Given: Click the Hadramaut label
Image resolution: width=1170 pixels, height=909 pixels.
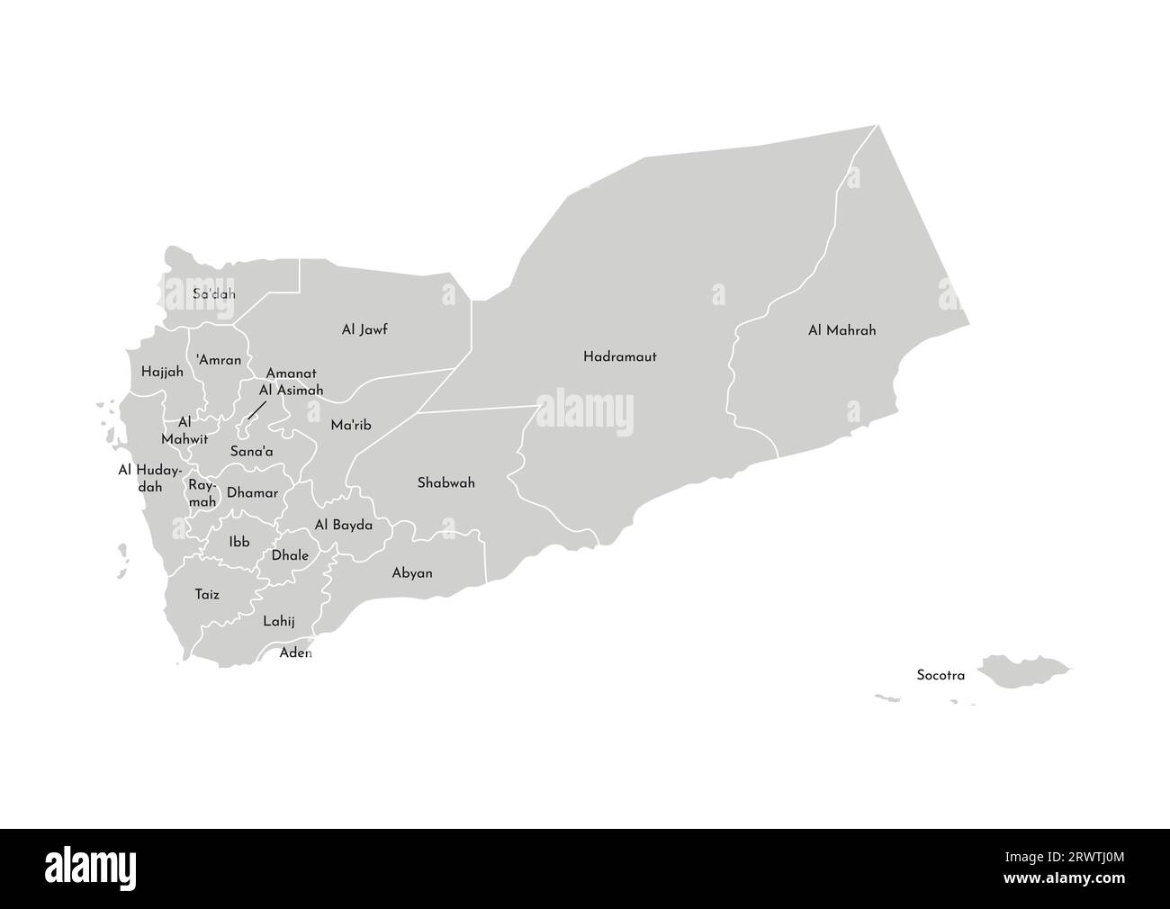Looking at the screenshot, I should [x=619, y=356].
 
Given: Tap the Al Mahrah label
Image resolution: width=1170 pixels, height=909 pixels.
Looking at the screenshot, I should [x=841, y=330].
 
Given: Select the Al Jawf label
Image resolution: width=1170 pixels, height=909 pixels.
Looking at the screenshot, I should [x=364, y=329].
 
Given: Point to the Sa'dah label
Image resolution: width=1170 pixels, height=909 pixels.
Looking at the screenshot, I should [x=214, y=293].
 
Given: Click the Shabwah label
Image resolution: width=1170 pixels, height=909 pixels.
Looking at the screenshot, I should [x=445, y=483].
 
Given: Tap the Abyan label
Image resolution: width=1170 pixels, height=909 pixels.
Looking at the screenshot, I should [x=412, y=572].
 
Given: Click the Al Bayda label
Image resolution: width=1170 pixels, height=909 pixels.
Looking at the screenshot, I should [x=343, y=525].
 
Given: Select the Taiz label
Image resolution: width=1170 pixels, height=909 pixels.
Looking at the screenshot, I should [x=207, y=594].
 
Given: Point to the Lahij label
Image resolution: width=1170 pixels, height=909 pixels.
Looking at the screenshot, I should [x=279, y=621].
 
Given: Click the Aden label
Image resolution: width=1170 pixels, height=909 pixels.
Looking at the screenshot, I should [x=295, y=652].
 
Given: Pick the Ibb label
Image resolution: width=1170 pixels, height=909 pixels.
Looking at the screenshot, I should [x=239, y=542].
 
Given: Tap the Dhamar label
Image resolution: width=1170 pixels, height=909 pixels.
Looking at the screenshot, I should [x=252, y=492].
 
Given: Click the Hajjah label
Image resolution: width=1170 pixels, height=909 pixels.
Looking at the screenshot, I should [x=162, y=371].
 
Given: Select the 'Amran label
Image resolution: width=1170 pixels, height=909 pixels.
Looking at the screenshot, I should [x=219, y=360].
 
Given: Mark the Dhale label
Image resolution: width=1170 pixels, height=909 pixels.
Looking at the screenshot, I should [x=290, y=555].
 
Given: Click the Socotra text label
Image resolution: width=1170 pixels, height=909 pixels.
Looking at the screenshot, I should [x=940, y=674].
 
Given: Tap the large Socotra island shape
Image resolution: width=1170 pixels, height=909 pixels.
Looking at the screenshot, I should [x=1021, y=670].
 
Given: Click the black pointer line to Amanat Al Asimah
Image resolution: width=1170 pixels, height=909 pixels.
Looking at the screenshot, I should [x=256, y=409].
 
